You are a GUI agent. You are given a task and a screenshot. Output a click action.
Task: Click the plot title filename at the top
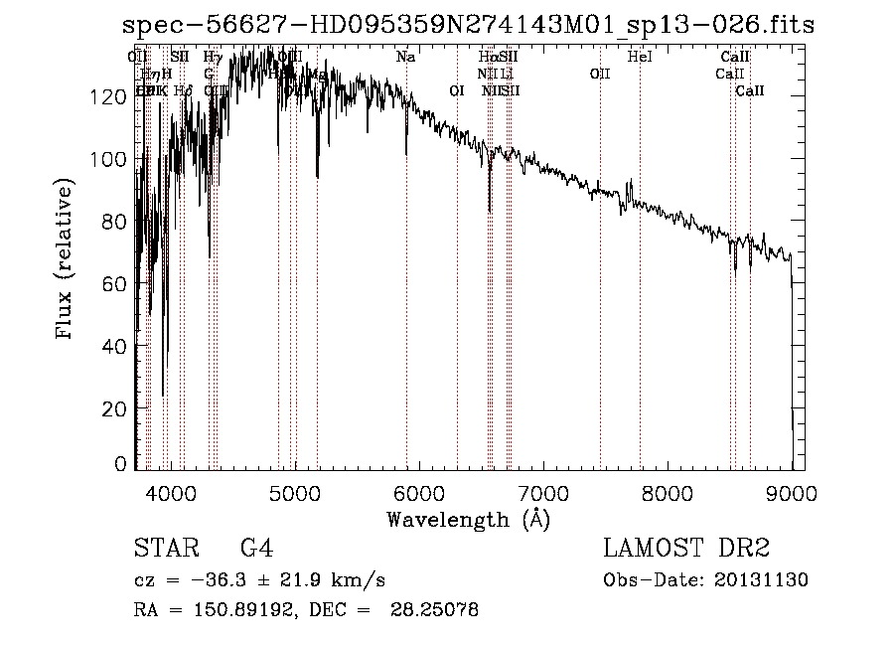468,26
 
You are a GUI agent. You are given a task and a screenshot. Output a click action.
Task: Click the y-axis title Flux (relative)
67,261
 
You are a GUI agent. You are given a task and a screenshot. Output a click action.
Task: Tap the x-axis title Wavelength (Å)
468,519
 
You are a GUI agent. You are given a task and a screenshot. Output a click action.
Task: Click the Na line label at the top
405,57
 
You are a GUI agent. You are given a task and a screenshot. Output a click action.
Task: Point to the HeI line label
641,57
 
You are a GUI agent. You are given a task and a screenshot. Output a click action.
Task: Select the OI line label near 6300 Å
457,90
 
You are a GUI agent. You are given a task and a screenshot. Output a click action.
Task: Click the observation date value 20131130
765,580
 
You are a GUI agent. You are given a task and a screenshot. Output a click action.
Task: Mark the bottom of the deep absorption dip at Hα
490,211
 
